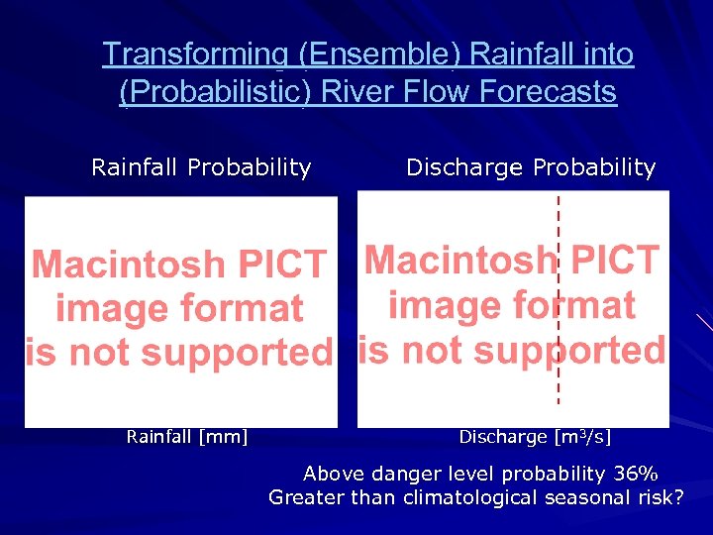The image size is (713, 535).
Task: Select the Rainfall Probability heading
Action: tap(201, 167)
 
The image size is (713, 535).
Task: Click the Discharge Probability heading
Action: tap(531, 167)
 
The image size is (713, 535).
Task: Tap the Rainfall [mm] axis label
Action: tap(187, 436)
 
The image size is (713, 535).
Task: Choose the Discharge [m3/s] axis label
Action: tap(535, 436)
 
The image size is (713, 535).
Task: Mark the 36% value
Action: tap(635, 474)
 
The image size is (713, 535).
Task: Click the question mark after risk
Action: tap(677, 497)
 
